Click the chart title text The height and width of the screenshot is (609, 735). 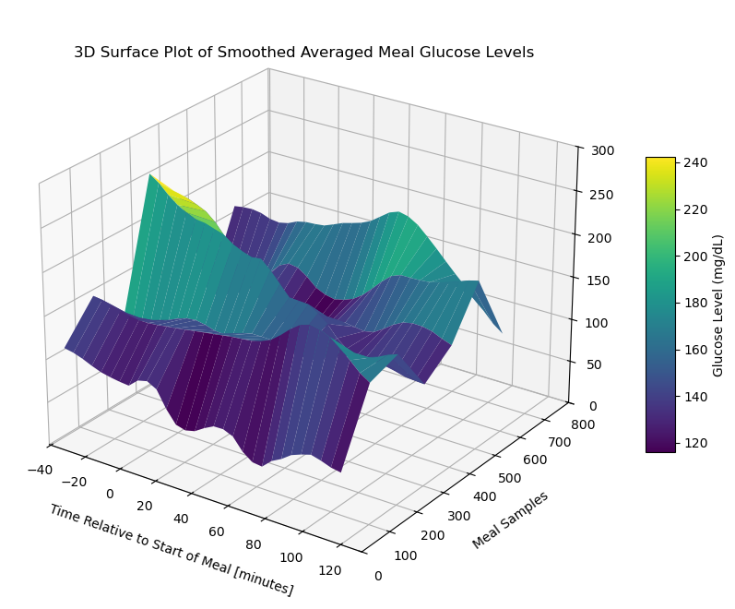(x=303, y=53)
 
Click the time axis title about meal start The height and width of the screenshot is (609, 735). (x=172, y=550)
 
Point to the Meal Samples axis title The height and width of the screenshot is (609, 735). (x=510, y=520)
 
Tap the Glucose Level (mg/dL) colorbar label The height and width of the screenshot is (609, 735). (x=718, y=305)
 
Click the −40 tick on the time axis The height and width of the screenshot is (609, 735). (x=40, y=470)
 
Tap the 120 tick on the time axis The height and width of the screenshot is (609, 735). (x=329, y=570)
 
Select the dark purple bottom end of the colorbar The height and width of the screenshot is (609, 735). (x=660, y=448)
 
